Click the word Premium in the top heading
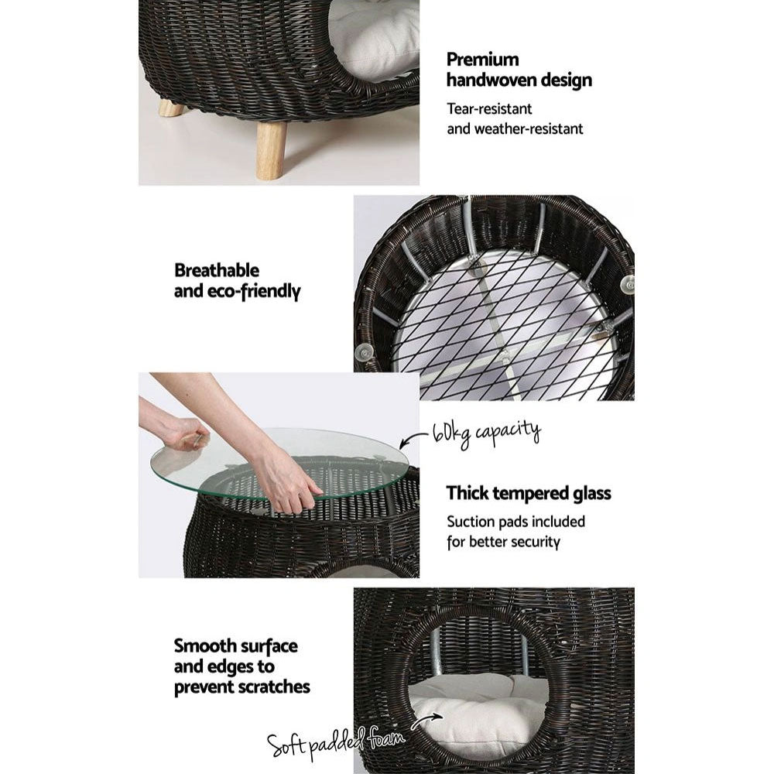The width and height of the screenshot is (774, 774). coord(483,60)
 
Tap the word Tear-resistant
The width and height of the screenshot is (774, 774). coord(489,109)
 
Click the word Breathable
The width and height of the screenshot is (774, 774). coord(217,271)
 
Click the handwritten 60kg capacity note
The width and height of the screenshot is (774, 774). coord(487,430)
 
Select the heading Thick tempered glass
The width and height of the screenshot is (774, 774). coord(529,493)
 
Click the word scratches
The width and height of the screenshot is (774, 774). coord(276,686)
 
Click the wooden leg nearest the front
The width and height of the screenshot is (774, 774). coord(271,149)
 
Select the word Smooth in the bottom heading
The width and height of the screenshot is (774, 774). coord(204,646)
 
